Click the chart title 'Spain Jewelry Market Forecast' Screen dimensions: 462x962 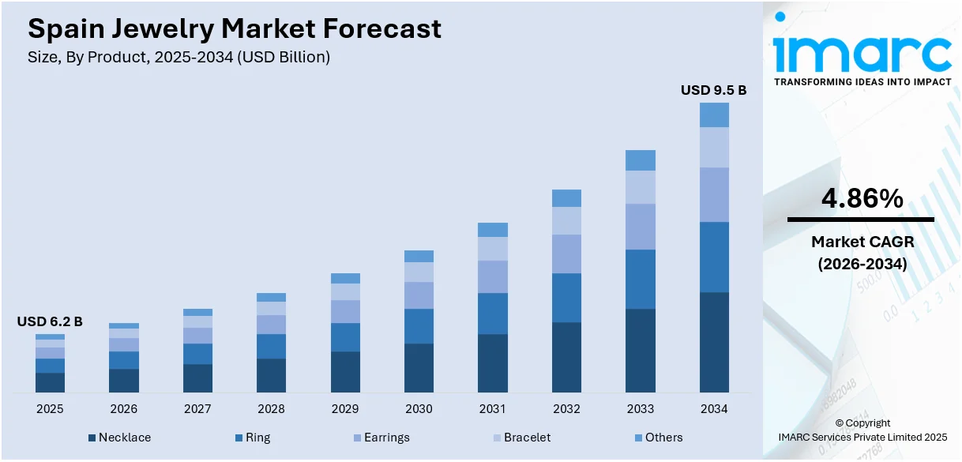(235, 29)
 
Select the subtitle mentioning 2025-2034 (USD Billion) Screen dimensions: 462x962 (178, 57)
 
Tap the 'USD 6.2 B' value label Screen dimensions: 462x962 (50, 321)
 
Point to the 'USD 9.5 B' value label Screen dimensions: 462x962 (713, 91)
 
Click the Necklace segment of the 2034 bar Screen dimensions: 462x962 (714, 342)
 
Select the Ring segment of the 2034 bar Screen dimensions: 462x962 (714, 257)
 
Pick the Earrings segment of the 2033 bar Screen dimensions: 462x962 (641, 227)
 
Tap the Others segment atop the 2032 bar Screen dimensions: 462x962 (566, 198)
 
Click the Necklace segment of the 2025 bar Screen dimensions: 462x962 (50, 382)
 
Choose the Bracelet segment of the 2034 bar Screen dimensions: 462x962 (714, 147)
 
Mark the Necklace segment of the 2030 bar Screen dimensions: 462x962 (419, 367)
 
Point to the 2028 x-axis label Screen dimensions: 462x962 (271, 409)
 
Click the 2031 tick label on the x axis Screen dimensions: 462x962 (493, 409)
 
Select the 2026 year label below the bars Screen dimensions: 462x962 (123, 409)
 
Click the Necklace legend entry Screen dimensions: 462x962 (119, 438)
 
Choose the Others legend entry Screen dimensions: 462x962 (657, 438)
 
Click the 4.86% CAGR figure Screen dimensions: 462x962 (862, 200)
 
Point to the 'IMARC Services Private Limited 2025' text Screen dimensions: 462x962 (862, 438)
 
